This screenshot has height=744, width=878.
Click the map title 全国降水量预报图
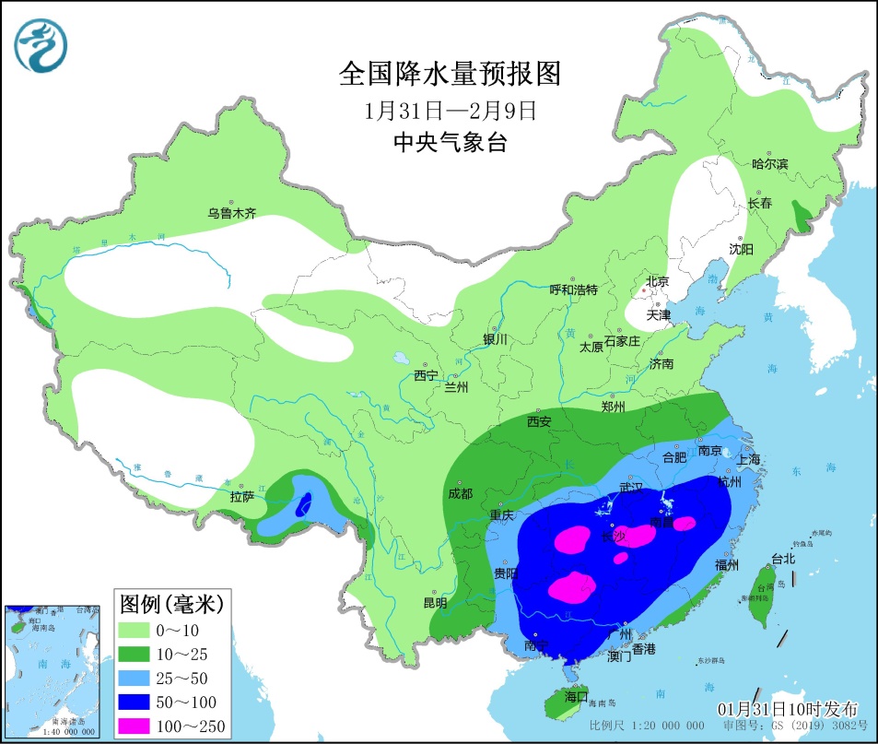[x=450, y=73]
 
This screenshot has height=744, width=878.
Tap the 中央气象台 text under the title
[x=450, y=143]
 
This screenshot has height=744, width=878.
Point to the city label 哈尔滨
[x=769, y=164]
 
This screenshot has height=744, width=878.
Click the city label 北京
[x=657, y=281]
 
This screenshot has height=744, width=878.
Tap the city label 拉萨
[x=241, y=497]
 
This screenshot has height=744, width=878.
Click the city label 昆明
[x=434, y=603]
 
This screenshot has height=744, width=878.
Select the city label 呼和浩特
[x=573, y=289]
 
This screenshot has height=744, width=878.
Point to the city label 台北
[x=783, y=558]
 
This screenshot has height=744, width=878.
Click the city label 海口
[x=576, y=694]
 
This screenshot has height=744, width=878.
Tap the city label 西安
[x=539, y=421]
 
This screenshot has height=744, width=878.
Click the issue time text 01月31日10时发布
[x=788, y=708]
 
